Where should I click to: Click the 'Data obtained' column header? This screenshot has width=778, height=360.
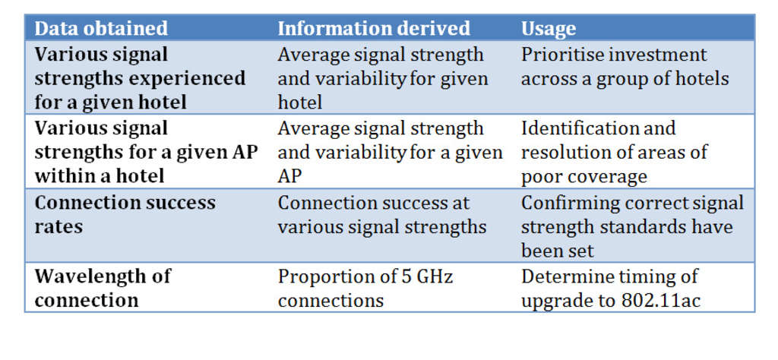101,29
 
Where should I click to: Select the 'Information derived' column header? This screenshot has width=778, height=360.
374,29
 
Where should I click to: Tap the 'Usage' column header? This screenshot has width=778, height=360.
548,29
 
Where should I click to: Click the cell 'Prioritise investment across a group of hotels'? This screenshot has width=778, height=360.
625,67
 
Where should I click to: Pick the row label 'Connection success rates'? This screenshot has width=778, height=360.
125,215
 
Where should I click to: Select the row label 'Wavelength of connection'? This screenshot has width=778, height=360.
103,288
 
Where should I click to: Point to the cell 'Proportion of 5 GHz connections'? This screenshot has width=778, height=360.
365,288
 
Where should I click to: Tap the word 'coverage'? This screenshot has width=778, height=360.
605,177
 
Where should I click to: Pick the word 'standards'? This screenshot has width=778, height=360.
644,227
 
